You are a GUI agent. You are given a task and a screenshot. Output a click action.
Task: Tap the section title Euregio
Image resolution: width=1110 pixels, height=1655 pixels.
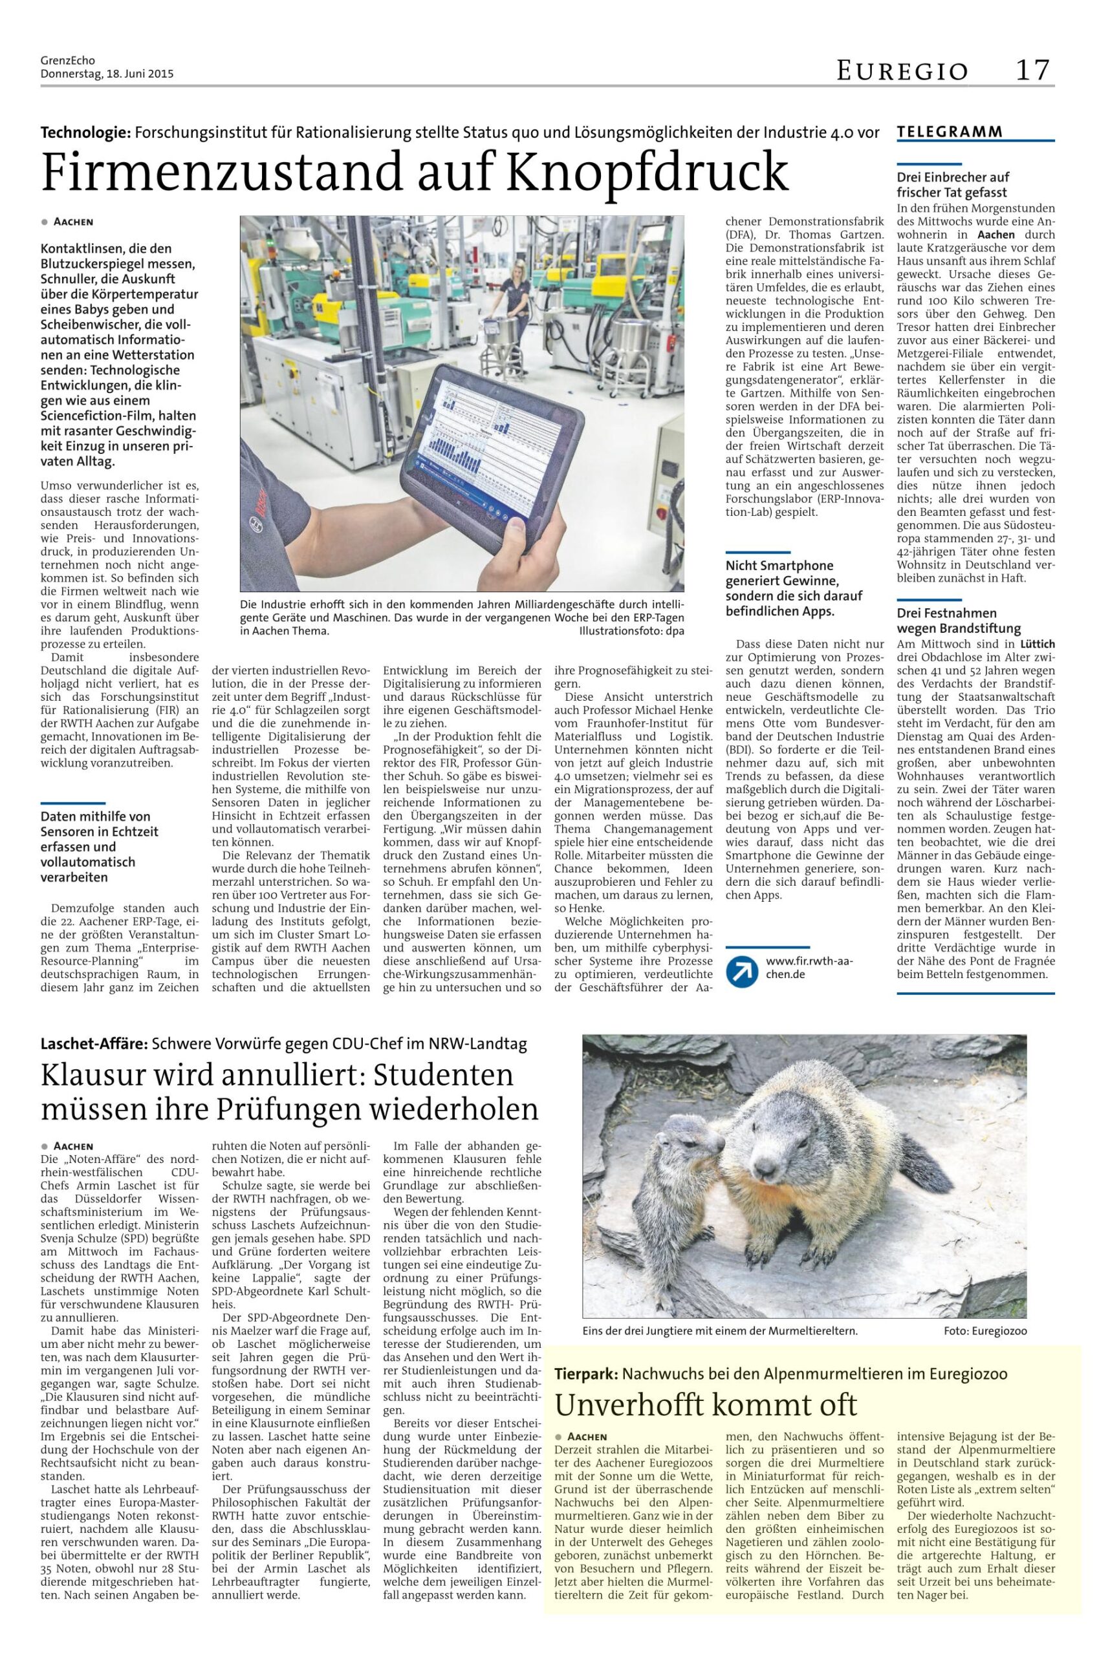[x=902, y=70]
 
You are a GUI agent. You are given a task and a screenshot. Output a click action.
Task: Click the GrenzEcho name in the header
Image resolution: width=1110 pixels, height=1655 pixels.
[x=68, y=61]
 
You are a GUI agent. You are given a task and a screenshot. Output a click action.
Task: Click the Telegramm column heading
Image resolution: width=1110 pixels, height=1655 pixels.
[x=950, y=132]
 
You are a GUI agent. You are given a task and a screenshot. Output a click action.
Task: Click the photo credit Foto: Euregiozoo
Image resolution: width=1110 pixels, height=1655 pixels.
[x=985, y=1331]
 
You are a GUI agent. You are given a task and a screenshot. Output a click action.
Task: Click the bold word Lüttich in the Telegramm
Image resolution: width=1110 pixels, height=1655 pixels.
[x=1037, y=645]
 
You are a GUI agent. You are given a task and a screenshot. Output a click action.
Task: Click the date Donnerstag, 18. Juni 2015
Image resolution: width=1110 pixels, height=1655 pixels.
[x=107, y=74]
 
